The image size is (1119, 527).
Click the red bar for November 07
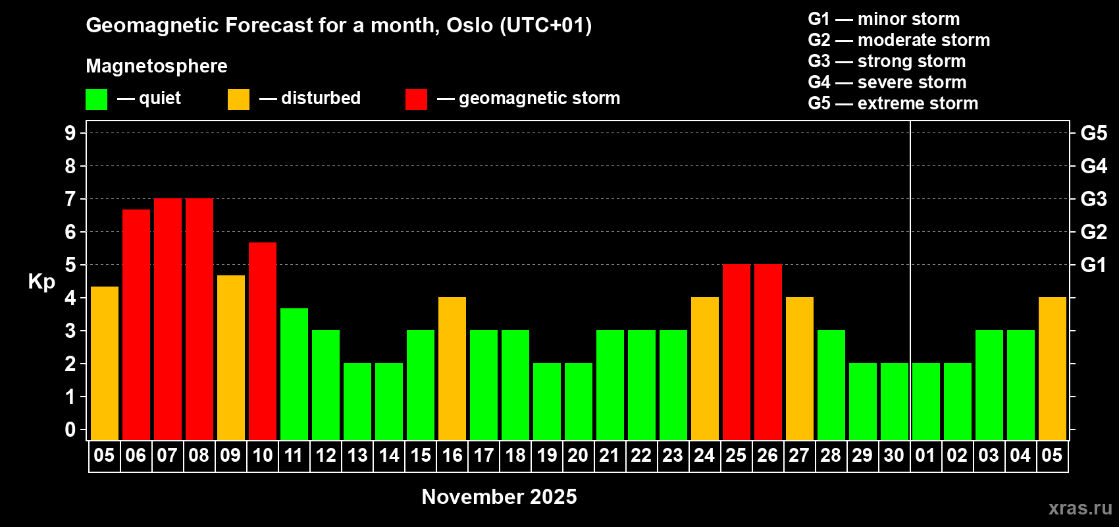pos(168,319)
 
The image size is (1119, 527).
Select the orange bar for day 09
pos(231,358)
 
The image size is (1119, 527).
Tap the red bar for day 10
pos(263,341)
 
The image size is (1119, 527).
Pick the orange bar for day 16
pos(452,368)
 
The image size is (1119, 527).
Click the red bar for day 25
pos(737,352)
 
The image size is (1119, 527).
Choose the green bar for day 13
pos(357,401)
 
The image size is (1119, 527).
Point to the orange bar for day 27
pos(800,368)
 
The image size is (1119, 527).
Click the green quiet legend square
pos(96,99)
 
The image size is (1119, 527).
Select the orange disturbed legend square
pos(238,99)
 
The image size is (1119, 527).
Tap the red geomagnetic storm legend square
pos(417,99)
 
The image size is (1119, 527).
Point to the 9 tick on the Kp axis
pos(70,133)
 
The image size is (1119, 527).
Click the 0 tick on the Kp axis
pos(70,430)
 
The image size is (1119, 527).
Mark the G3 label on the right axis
pos(1094,199)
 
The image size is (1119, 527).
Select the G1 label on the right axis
pos(1094,265)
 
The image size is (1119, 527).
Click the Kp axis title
pos(41,282)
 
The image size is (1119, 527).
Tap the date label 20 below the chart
pos(578,455)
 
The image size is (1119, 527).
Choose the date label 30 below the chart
pos(894,455)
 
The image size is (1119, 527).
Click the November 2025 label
pos(499,497)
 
